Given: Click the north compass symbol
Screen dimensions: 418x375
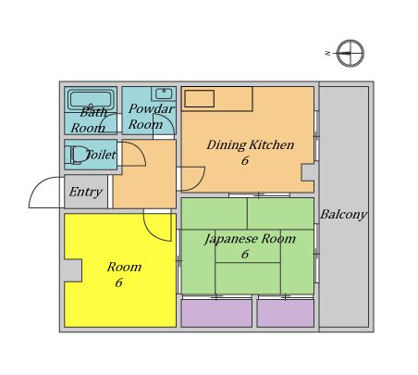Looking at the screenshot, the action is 350,53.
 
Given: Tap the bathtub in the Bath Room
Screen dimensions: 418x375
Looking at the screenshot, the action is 91,99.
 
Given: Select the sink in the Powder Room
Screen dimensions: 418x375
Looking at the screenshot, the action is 164,94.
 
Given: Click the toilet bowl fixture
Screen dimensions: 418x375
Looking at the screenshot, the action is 77,155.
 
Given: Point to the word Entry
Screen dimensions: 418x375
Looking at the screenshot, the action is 86,192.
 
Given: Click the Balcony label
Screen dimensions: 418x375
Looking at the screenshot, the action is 344,214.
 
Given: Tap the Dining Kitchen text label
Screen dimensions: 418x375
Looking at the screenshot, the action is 251,144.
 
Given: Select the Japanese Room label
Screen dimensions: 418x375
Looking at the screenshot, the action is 250,239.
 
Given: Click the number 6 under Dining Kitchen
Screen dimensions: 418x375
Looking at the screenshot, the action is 245,160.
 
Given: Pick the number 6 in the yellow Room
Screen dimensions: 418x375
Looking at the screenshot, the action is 119,282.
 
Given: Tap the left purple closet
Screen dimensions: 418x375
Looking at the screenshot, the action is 216,313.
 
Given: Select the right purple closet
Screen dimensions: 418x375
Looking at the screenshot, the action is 286,313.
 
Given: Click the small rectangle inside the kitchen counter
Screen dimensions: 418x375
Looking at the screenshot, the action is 200,99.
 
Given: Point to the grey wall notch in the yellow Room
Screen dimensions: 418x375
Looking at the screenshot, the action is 73,270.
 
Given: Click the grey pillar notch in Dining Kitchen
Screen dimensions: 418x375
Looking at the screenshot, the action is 308,172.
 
